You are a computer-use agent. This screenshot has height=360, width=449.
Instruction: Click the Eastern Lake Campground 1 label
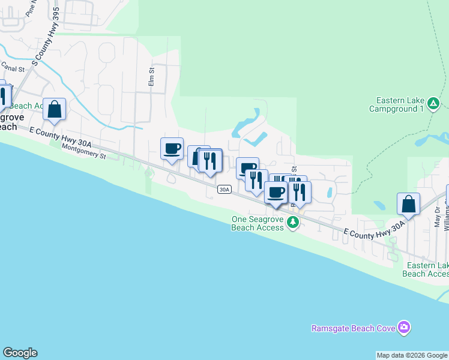click(x=400, y=104)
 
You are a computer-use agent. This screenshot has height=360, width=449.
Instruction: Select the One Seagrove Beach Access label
click(x=258, y=223)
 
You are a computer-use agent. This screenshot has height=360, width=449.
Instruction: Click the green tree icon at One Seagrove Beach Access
click(x=293, y=223)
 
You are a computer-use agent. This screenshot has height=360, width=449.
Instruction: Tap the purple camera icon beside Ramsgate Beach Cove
click(x=405, y=327)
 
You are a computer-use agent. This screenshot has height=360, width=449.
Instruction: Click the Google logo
click(x=20, y=353)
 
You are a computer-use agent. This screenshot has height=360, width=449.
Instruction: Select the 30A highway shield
click(x=224, y=190)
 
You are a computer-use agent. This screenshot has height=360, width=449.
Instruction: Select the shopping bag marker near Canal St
click(x=55, y=109)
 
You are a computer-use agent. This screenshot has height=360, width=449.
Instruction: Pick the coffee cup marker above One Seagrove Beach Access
click(x=276, y=193)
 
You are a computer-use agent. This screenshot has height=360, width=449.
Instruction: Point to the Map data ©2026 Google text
click(x=412, y=355)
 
